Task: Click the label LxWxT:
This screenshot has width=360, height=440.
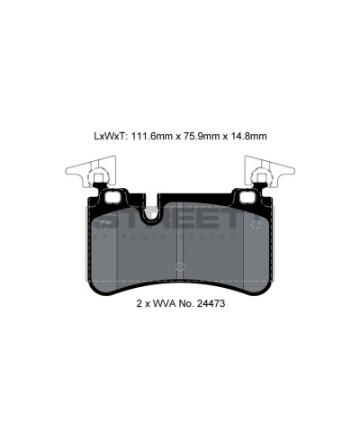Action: tap(112, 136)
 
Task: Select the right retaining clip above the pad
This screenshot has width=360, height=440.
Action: tap(267, 173)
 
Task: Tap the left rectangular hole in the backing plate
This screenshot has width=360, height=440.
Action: tap(113, 197)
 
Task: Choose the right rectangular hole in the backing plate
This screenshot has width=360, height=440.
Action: tap(245, 197)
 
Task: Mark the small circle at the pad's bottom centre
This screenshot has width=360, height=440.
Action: tap(179, 265)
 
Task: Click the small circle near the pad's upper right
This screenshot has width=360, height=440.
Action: tap(256, 220)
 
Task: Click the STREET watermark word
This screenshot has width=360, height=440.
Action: tap(180, 220)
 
